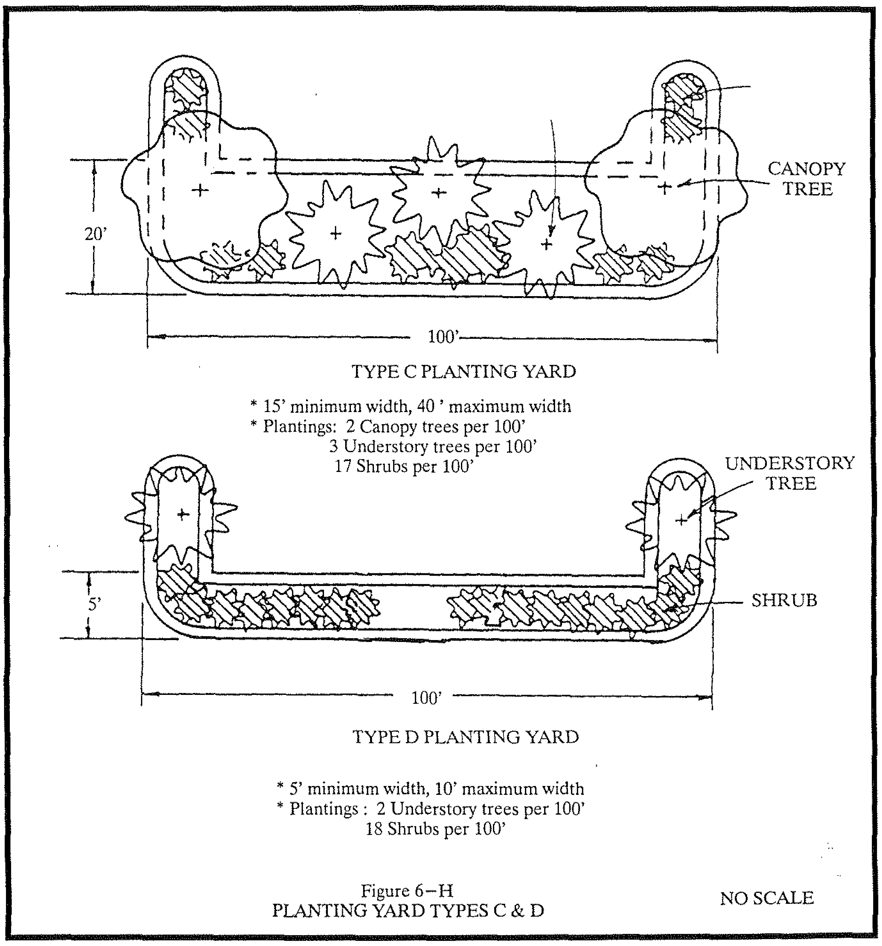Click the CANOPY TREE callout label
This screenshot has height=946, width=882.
[x=807, y=179]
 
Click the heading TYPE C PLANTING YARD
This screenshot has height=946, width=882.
[x=464, y=372]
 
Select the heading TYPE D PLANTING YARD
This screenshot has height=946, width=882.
[x=466, y=737]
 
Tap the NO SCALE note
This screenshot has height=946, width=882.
[x=767, y=898]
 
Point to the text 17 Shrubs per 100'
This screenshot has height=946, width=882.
[x=405, y=466]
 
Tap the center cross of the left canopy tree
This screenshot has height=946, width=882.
[x=200, y=190]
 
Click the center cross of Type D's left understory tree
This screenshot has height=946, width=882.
[x=183, y=514]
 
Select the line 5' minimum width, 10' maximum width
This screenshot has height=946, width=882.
[x=430, y=789]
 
